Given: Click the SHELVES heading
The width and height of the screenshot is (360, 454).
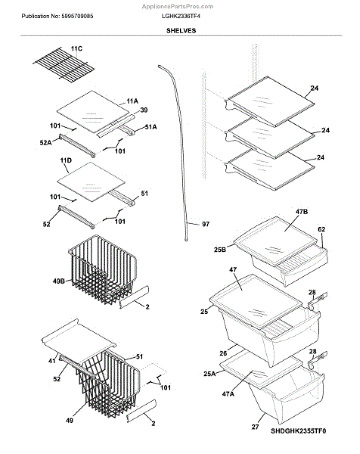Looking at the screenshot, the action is [182, 30].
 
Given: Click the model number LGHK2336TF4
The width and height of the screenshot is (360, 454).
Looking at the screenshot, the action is [181, 16].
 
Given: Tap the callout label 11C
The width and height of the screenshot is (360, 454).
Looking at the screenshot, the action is [76, 48].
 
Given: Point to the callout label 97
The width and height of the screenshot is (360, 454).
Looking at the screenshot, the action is [206, 224].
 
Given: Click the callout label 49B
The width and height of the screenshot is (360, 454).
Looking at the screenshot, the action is [59, 281].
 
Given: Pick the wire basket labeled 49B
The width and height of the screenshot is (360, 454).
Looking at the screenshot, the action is [103, 269].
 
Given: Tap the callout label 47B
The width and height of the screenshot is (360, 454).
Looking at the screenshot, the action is [302, 212].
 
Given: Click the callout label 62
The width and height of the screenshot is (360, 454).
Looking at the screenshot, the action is [321, 229].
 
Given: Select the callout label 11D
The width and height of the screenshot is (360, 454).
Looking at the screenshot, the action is [66, 160].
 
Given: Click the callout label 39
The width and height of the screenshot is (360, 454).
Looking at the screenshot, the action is [144, 110].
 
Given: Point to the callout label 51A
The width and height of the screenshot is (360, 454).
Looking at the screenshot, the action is [151, 127].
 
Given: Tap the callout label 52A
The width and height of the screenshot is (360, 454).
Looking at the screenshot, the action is [45, 142].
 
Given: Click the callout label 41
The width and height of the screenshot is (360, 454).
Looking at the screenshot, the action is [51, 361].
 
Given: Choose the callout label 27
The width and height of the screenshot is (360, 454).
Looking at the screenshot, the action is [255, 427].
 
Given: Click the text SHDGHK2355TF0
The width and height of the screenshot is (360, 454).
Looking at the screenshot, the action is [298, 431].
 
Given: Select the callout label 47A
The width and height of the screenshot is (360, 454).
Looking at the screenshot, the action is [228, 393].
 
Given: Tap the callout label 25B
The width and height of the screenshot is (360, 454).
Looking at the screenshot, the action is [220, 249].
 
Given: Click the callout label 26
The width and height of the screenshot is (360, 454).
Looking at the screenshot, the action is [223, 353].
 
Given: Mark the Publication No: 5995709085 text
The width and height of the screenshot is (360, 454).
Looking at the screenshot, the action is [57, 16].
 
